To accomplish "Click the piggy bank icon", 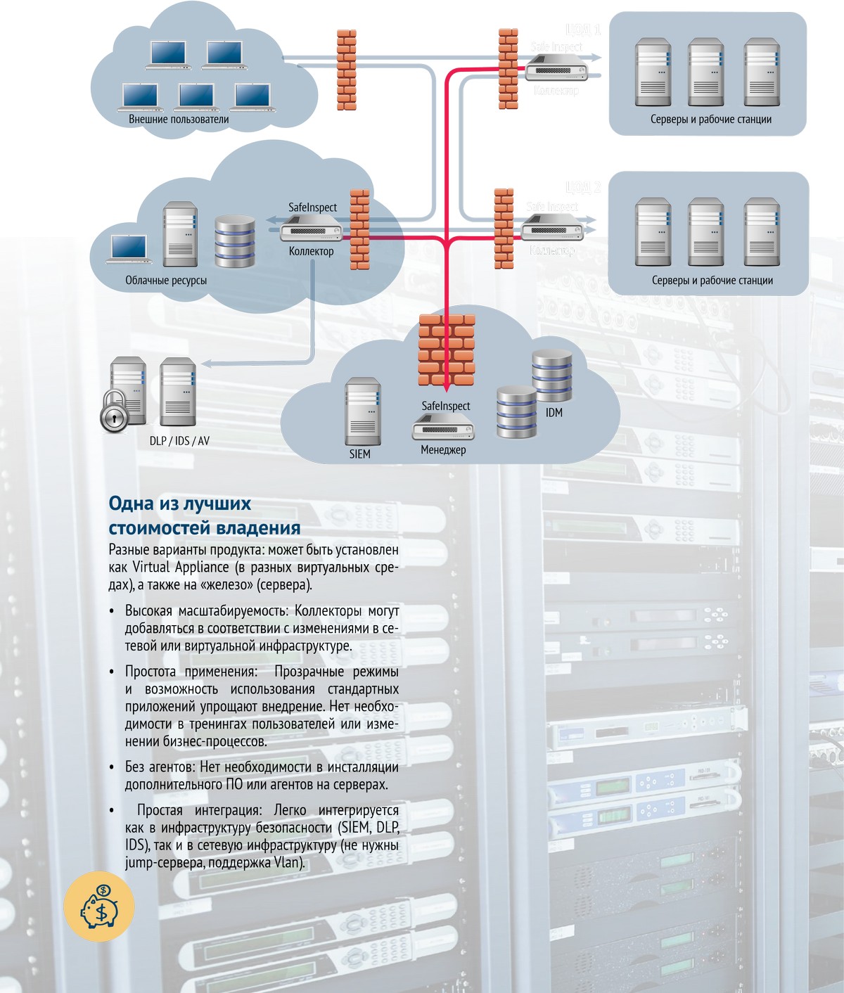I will [98, 906].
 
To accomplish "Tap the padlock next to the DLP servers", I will [114, 410].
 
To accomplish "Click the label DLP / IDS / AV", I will [179, 441].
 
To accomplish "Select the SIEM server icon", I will [363, 411].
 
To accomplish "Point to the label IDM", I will [554, 413].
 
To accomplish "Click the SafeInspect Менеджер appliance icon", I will [443, 426].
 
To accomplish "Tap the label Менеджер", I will [443, 450].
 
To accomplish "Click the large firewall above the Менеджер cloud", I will [447, 350].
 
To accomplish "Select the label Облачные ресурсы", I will [166, 281].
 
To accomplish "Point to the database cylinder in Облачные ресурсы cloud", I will [235, 241].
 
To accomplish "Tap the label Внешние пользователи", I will [179, 120].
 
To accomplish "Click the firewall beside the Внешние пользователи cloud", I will [346, 70].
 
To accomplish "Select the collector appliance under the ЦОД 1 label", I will [556, 70].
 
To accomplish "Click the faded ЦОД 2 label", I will [583, 188].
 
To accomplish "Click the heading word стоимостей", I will [160, 527].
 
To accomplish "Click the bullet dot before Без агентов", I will [112, 767].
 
